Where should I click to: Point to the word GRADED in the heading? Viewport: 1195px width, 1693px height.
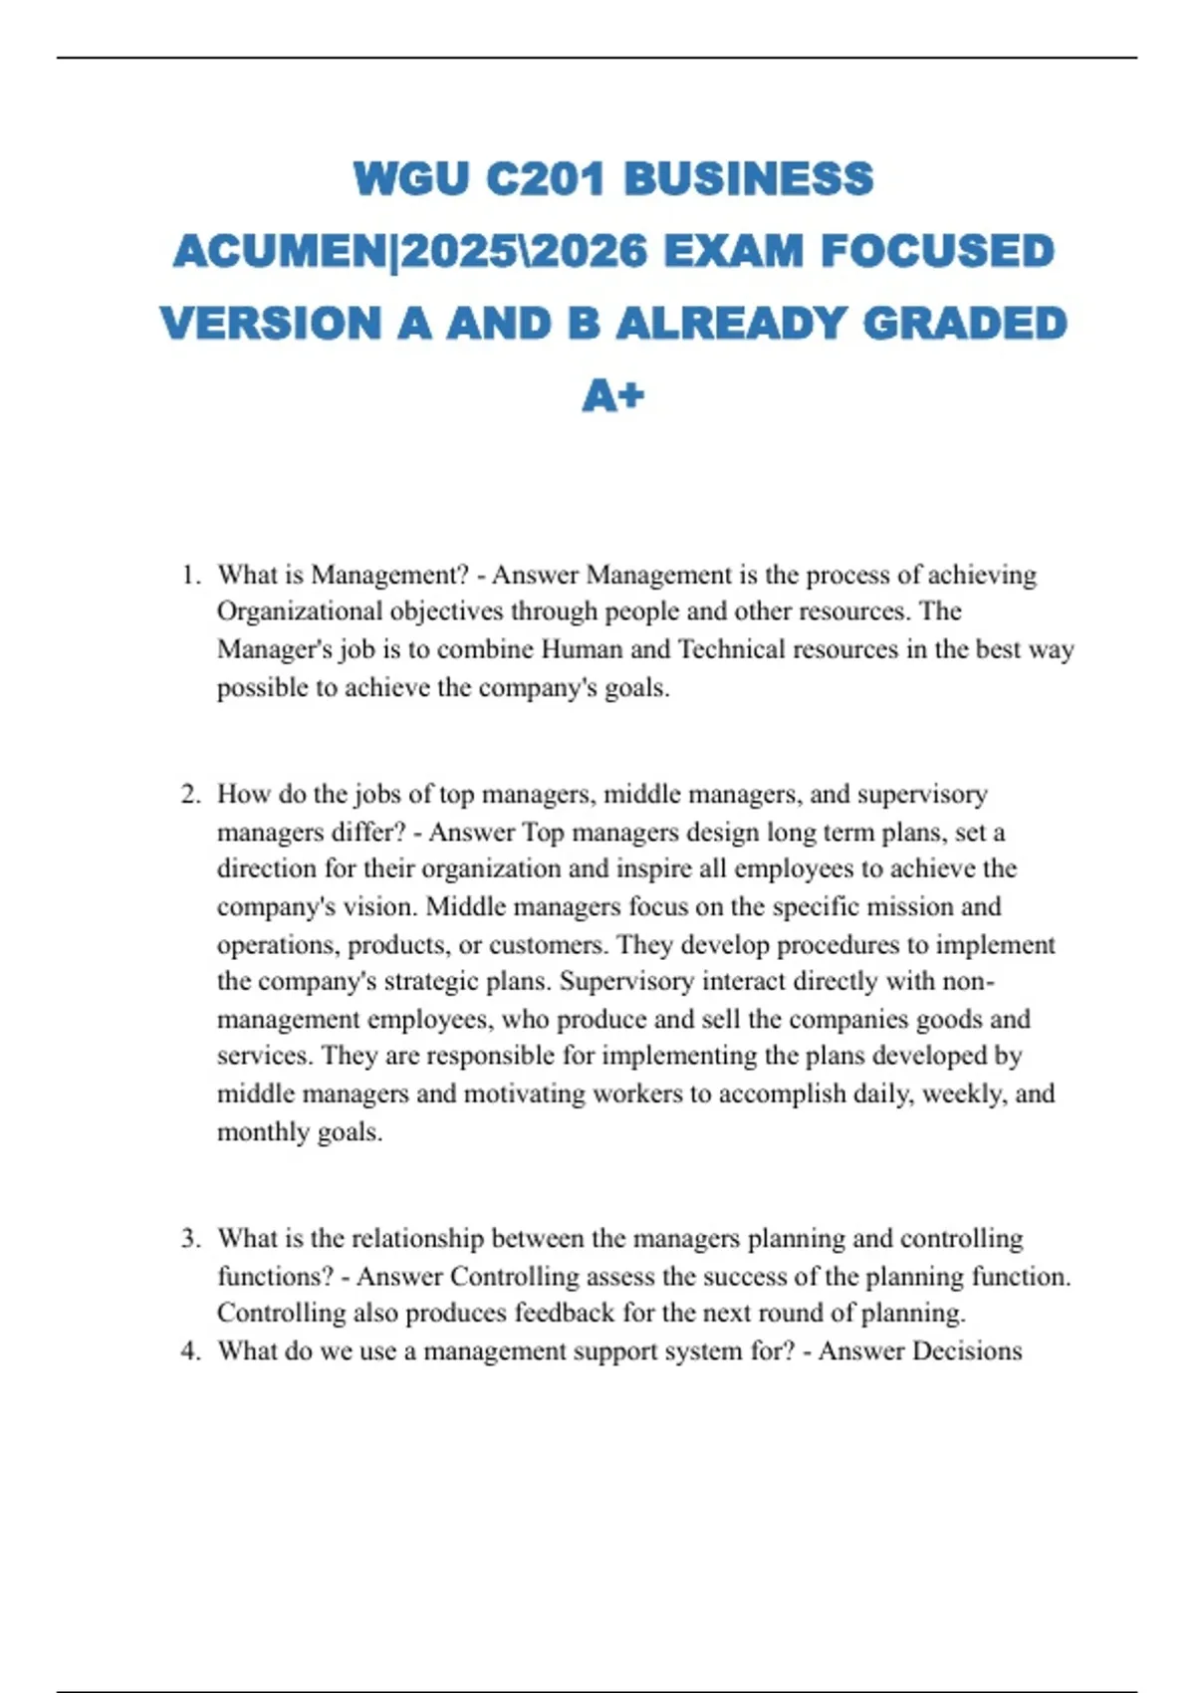(x=965, y=324)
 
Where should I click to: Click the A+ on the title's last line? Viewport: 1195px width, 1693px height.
(x=613, y=396)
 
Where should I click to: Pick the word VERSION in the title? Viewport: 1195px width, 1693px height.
(x=271, y=324)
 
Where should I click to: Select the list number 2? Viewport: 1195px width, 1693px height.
(x=189, y=794)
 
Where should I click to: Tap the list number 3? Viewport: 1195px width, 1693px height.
(x=189, y=1238)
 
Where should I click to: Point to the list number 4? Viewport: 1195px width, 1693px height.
(x=189, y=1350)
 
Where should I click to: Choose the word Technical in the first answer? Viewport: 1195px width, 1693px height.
(x=734, y=649)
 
